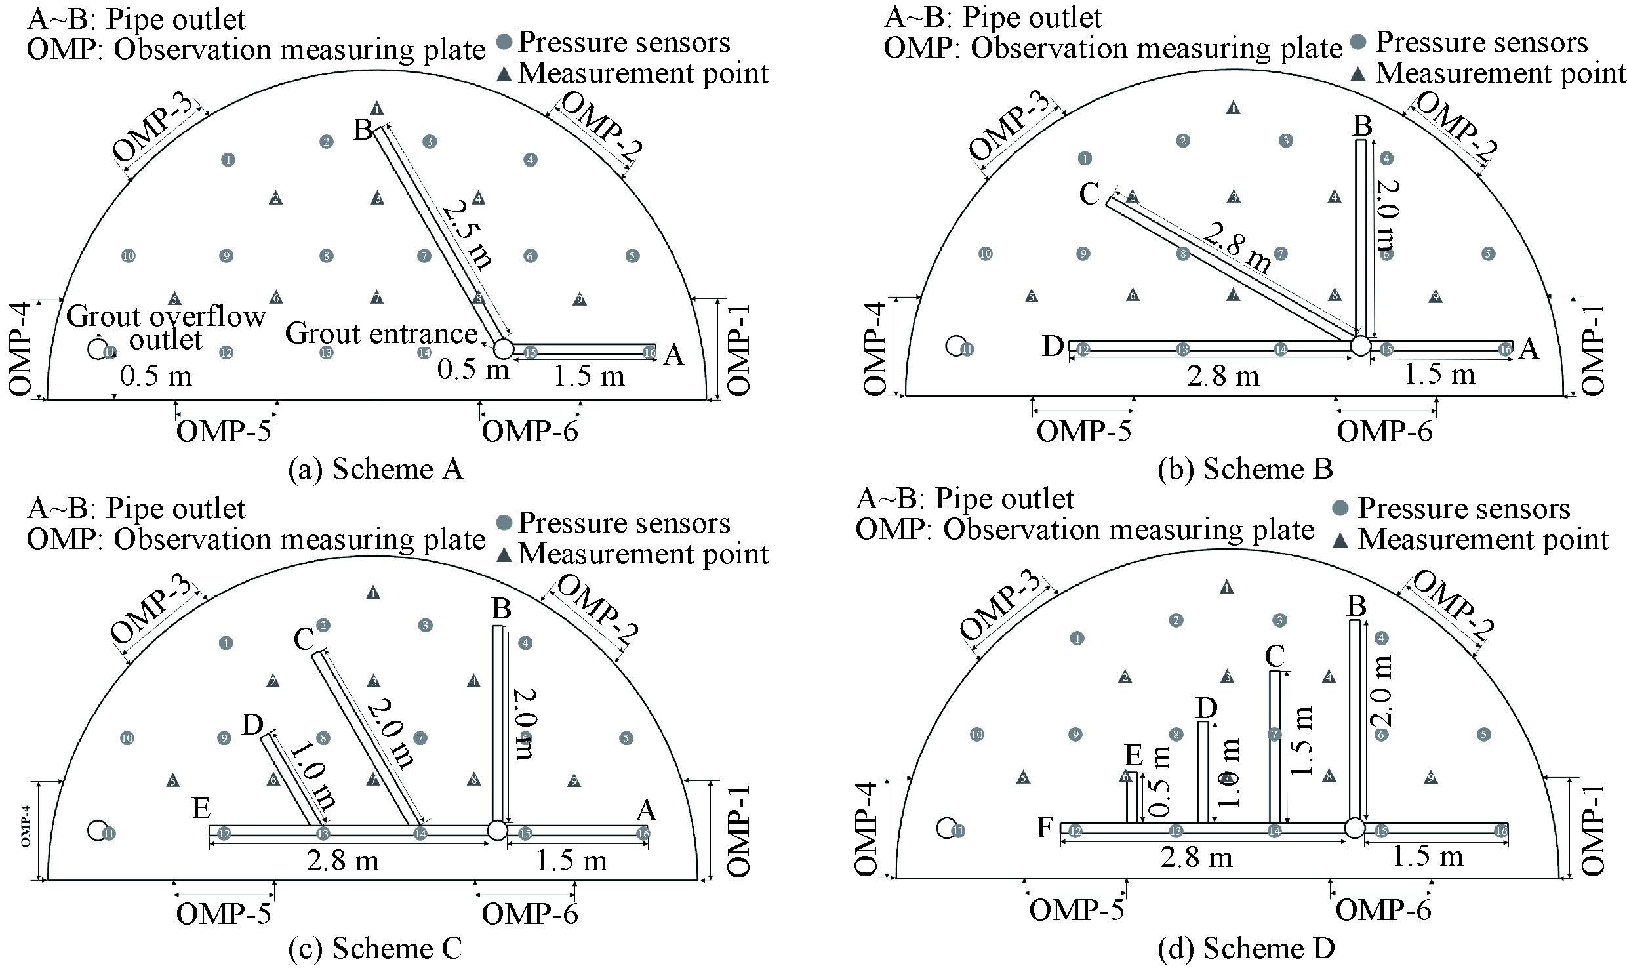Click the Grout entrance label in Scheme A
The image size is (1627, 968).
coord(381,334)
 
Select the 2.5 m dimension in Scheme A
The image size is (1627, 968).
coord(467,236)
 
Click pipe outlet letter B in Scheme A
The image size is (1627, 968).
coord(363,130)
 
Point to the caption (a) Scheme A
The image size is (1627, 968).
coord(376,469)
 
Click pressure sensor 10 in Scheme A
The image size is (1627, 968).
coord(129,256)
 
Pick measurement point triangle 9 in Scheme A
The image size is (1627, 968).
coord(579,300)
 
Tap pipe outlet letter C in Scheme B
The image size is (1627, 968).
coord(1089,193)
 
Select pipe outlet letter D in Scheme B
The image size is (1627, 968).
coord(1053,346)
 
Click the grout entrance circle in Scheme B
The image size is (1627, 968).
coord(1361,346)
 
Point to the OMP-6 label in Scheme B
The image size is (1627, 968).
coord(1384,432)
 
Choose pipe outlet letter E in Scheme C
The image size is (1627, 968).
coord(201,809)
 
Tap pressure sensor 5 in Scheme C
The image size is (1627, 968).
coord(626,738)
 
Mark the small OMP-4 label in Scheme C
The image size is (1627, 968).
coord(26,830)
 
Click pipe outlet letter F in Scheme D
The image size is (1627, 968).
coord(1044,828)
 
